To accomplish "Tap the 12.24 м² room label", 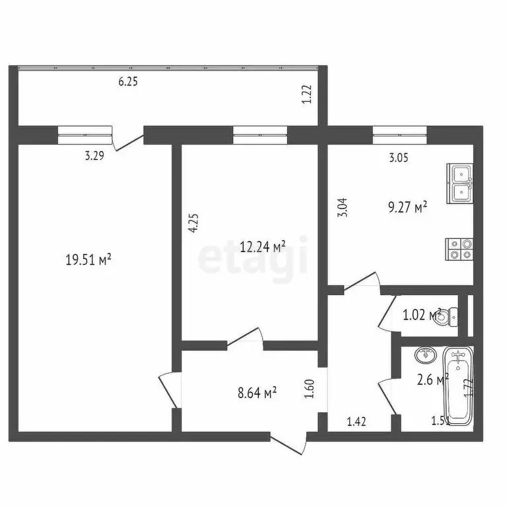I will pos(263,247).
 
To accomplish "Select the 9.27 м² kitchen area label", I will pos(408,208).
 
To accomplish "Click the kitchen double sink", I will pos(460,182).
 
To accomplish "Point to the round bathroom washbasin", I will pos(424,355).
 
